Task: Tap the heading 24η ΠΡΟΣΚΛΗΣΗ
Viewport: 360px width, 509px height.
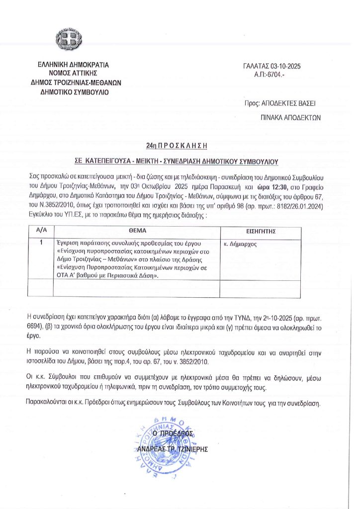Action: pyautogui.click(x=176, y=146)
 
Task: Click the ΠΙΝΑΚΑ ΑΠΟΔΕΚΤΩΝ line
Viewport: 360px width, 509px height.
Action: pyautogui.click(x=291, y=118)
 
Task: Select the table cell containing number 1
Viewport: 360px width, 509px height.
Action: pyautogui.click(x=41, y=243)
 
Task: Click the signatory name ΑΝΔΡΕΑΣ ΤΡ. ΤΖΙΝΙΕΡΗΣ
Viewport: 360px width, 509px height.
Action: pyautogui.click(x=172, y=449)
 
